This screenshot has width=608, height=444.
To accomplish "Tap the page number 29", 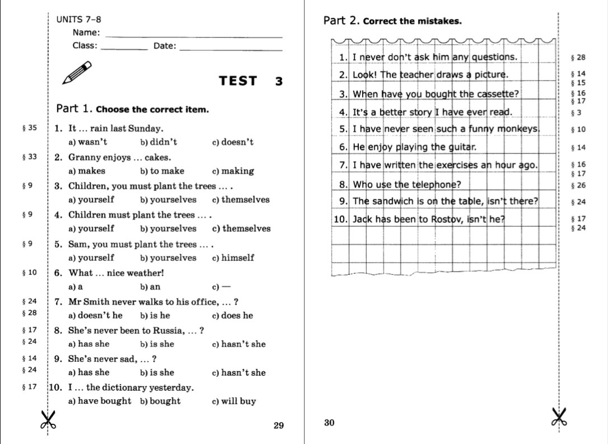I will click(x=279, y=426).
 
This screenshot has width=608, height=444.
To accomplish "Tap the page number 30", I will click(x=329, y=423).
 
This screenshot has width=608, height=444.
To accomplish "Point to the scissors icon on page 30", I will click(x=558, y=417).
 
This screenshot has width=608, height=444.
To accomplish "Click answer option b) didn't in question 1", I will click(x=158, y=142).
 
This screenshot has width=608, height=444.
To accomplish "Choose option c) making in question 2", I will click(x=233, y=171).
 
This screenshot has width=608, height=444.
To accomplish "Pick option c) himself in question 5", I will click(x=233, y=258).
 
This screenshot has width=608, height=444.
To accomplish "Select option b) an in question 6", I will click(x=150, y=287).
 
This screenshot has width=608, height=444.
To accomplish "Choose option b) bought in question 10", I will click(x=160, y=401).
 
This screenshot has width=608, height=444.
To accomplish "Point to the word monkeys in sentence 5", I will click(x=518, y=129).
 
